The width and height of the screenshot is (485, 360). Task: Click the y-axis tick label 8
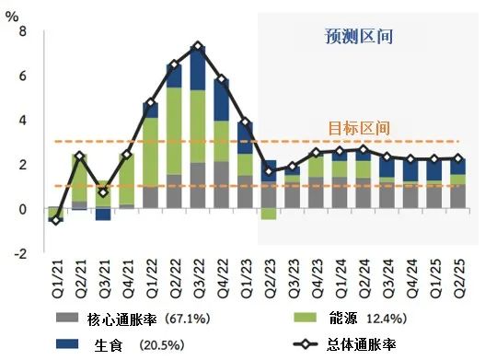point(23,31)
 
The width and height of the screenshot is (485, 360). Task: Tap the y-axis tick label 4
point(23,121)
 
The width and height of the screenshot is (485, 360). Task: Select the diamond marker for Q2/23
point(269,171)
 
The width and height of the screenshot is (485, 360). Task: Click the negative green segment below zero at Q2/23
point(269,214)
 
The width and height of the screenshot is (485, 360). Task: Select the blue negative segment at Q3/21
point(102,215)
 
